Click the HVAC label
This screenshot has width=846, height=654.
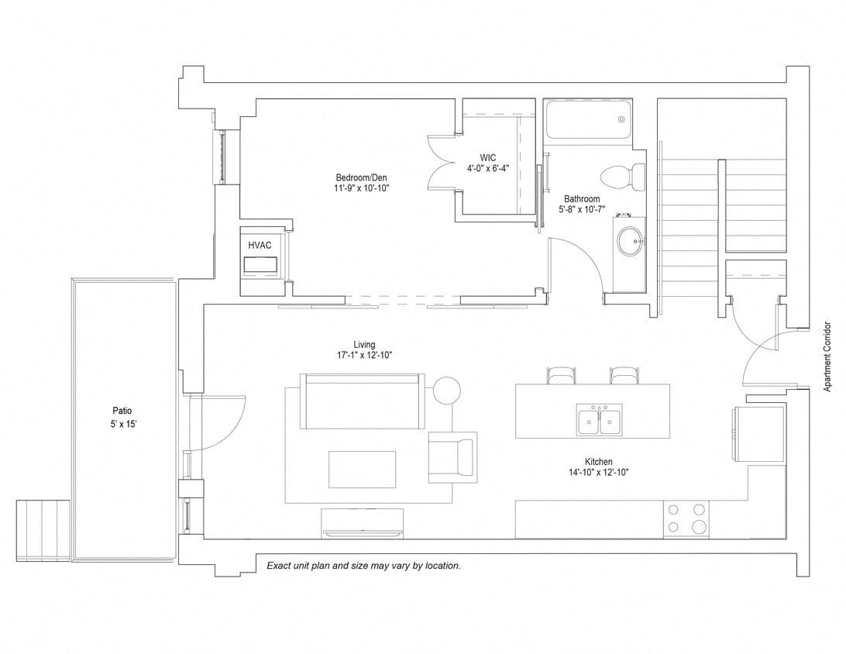coord(260,245)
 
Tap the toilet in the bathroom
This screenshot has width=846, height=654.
coord(624,177)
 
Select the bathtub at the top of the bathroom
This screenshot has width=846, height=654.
coord(587,119)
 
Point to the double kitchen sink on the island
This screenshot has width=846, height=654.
coord(598,419)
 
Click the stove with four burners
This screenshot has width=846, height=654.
coord(686,518)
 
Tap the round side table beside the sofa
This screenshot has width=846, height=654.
coord(446,390)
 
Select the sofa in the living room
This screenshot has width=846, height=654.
coord(363,401)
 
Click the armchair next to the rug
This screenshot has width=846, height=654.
coord(451,456)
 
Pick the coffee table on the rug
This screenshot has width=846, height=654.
coord(362,469)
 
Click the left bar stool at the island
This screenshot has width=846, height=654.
coord(561,376)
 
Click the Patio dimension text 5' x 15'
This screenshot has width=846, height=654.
coord(123,424)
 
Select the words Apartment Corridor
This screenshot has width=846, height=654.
coord(827,357)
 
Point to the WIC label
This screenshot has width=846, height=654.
coord(487,157)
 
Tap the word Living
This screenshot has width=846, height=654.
coord(364,345)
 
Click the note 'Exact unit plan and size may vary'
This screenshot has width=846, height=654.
coord(363,566)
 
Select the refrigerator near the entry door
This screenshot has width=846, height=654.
coord(757,433)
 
